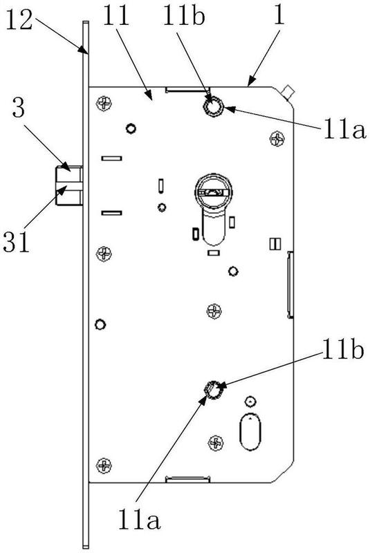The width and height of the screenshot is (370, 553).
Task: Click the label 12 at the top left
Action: coord(20,20)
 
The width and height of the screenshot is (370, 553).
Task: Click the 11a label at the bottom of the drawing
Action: coord(139,518)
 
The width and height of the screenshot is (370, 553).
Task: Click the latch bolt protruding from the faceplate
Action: coord(69,185)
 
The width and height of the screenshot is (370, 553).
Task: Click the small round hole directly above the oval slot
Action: coord(250,402)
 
